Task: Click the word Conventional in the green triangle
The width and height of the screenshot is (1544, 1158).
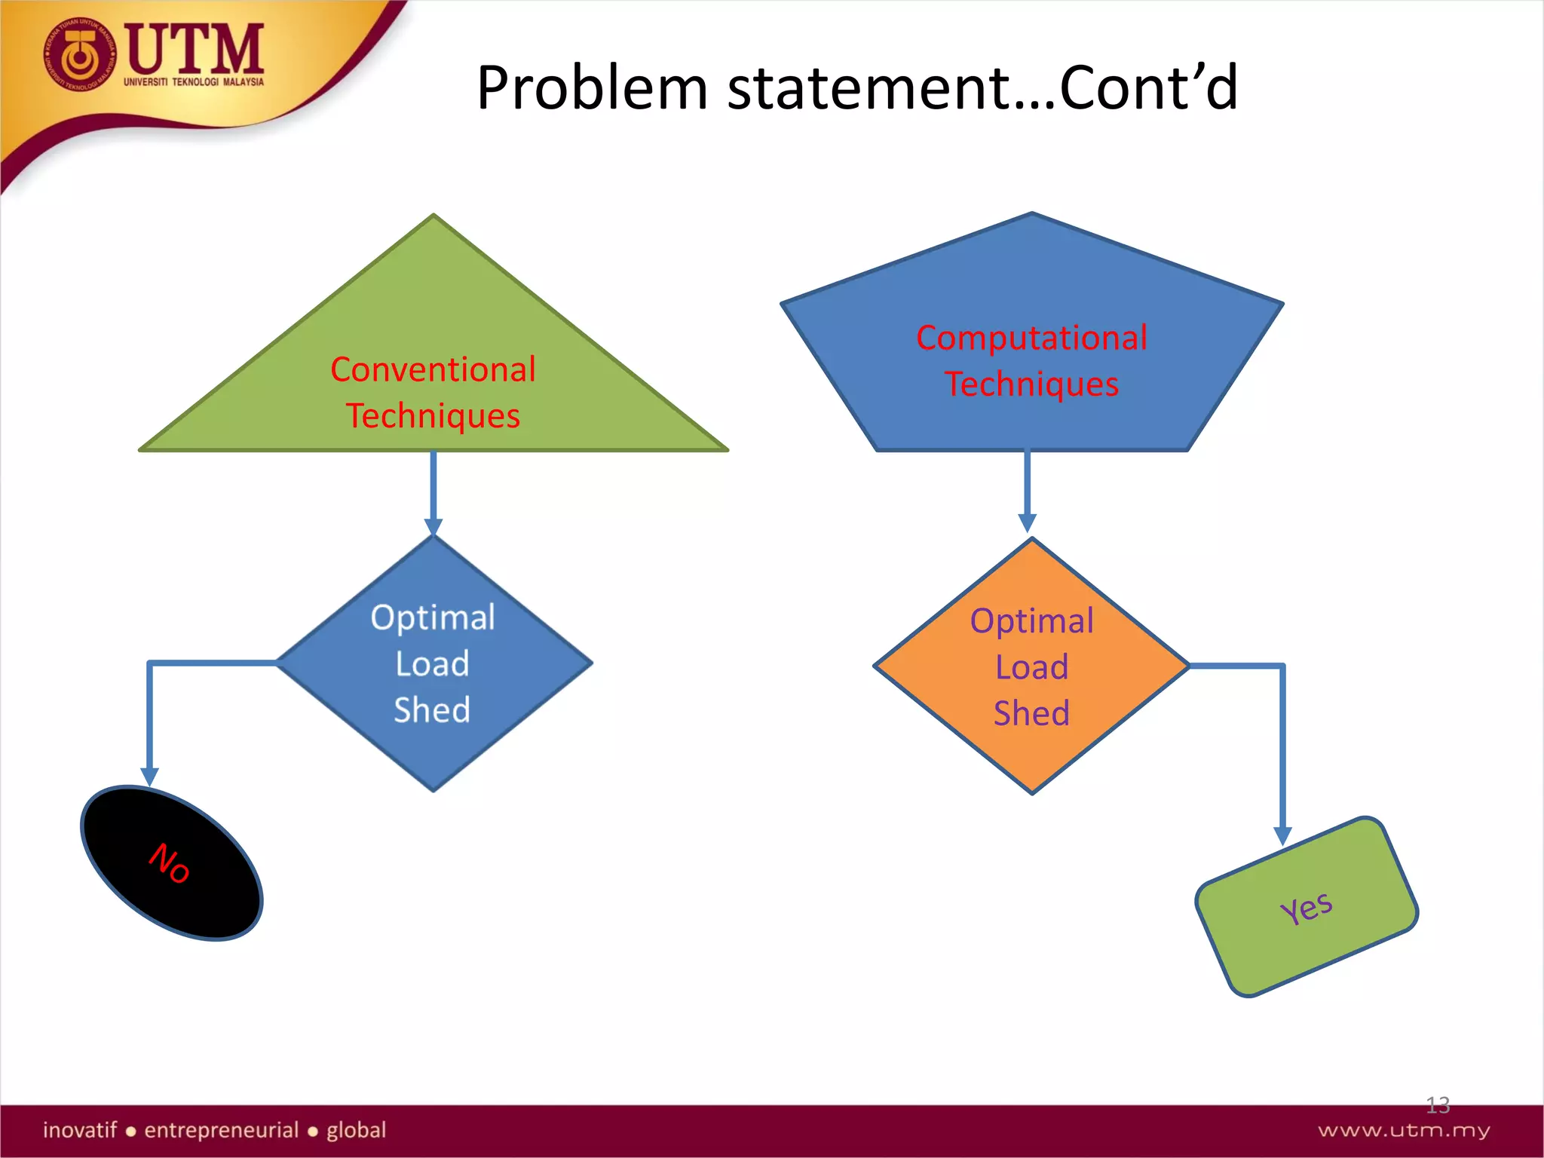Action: [x=433, y=370]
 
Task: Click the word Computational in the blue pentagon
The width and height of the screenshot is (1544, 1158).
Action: [x=1031, y=338]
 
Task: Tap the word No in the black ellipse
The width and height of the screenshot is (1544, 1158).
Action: [x=169, y=862]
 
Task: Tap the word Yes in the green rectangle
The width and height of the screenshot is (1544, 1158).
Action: [x=1307, y=908]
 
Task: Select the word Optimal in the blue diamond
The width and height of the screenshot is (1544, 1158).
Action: [x=433, y=617]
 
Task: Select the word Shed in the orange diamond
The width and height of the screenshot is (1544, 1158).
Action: [x=1031, y=713]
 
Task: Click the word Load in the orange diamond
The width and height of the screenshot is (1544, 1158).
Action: [x=1031, y=667]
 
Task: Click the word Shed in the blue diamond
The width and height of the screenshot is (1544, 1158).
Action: [x=432, y=710]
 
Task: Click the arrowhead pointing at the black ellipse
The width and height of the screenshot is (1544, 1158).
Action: [x=150, y=776]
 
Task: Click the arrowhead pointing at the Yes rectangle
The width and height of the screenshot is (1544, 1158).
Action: [x=1282, y=835]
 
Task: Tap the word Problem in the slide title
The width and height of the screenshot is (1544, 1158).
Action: [x=592, y=88]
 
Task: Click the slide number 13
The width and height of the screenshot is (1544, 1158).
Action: [x=1437, y=1105]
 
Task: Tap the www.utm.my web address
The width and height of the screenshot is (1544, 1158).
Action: [x=1403, y=1130]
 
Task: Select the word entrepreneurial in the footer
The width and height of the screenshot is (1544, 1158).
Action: [x=222, y=1130]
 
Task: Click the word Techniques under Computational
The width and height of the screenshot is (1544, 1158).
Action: [x=1031, y=384]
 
